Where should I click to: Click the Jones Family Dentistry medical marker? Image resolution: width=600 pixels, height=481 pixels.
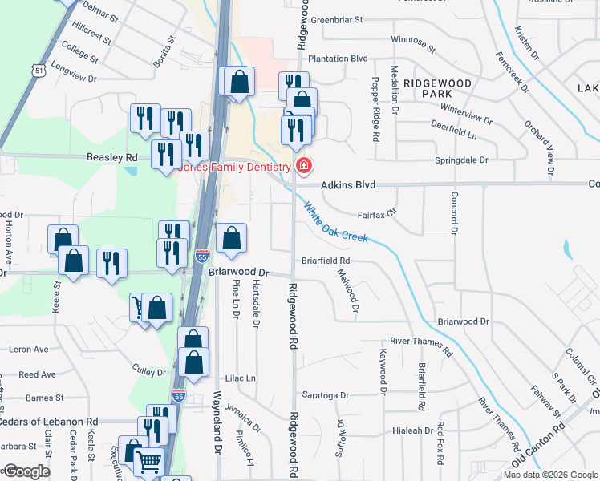(x=304, y=167)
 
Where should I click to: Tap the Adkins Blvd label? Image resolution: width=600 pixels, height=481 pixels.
(x=348, y=185)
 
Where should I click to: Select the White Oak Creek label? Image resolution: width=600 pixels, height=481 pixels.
(x=335, y=221)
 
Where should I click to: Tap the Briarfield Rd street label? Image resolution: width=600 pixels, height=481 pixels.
(x=326, y=261)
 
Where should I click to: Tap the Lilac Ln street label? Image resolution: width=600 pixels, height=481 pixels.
(x=240, y=378)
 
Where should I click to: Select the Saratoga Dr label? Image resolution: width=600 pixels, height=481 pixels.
(x=326, y=395)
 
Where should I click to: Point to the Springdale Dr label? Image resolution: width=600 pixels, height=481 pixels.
(x=460, y=160)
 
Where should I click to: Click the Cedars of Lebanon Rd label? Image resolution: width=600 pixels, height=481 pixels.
(x=48, y=422)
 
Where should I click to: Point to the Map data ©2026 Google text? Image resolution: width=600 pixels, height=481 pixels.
(x=549, y=475)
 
